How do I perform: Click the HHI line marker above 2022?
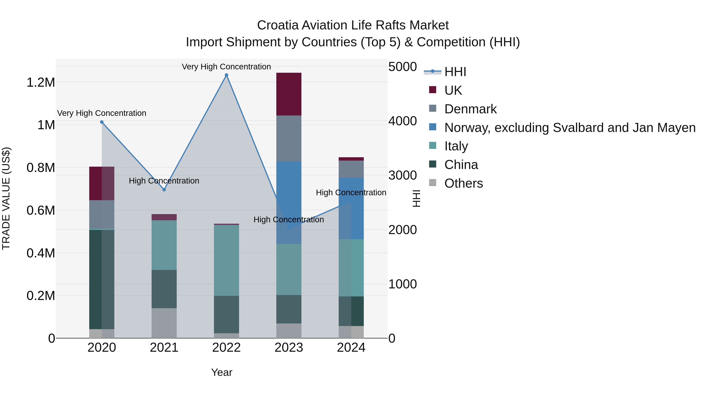[226, 75]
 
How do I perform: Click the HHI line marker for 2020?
[102, 122]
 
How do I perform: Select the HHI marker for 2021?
[164, 190]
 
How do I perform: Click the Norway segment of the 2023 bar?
[289, 192]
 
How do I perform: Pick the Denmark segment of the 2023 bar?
[289, 138]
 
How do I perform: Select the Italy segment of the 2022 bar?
[226, 260]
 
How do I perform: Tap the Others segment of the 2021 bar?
[164, 323]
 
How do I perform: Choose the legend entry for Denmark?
[470, 109]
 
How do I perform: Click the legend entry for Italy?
[456, 146]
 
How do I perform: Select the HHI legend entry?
[455, 72]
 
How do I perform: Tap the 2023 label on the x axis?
[289, 348]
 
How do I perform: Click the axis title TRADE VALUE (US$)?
[6, 198]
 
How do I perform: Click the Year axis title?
[222, 372]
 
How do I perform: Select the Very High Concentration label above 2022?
[226, 67]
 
